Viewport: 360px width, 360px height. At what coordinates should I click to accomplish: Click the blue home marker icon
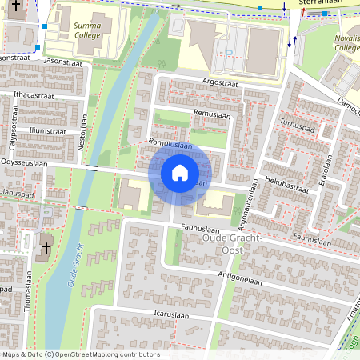pyautogui.click(x=180, y=173)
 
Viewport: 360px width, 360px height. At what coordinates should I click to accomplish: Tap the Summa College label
pyautogui.click(x=88, y=30)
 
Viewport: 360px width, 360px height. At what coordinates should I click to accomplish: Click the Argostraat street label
pyautogui.click(x=221, y=82)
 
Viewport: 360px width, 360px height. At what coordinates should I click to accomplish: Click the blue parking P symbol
pyautogui.click(x=229, y=54)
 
